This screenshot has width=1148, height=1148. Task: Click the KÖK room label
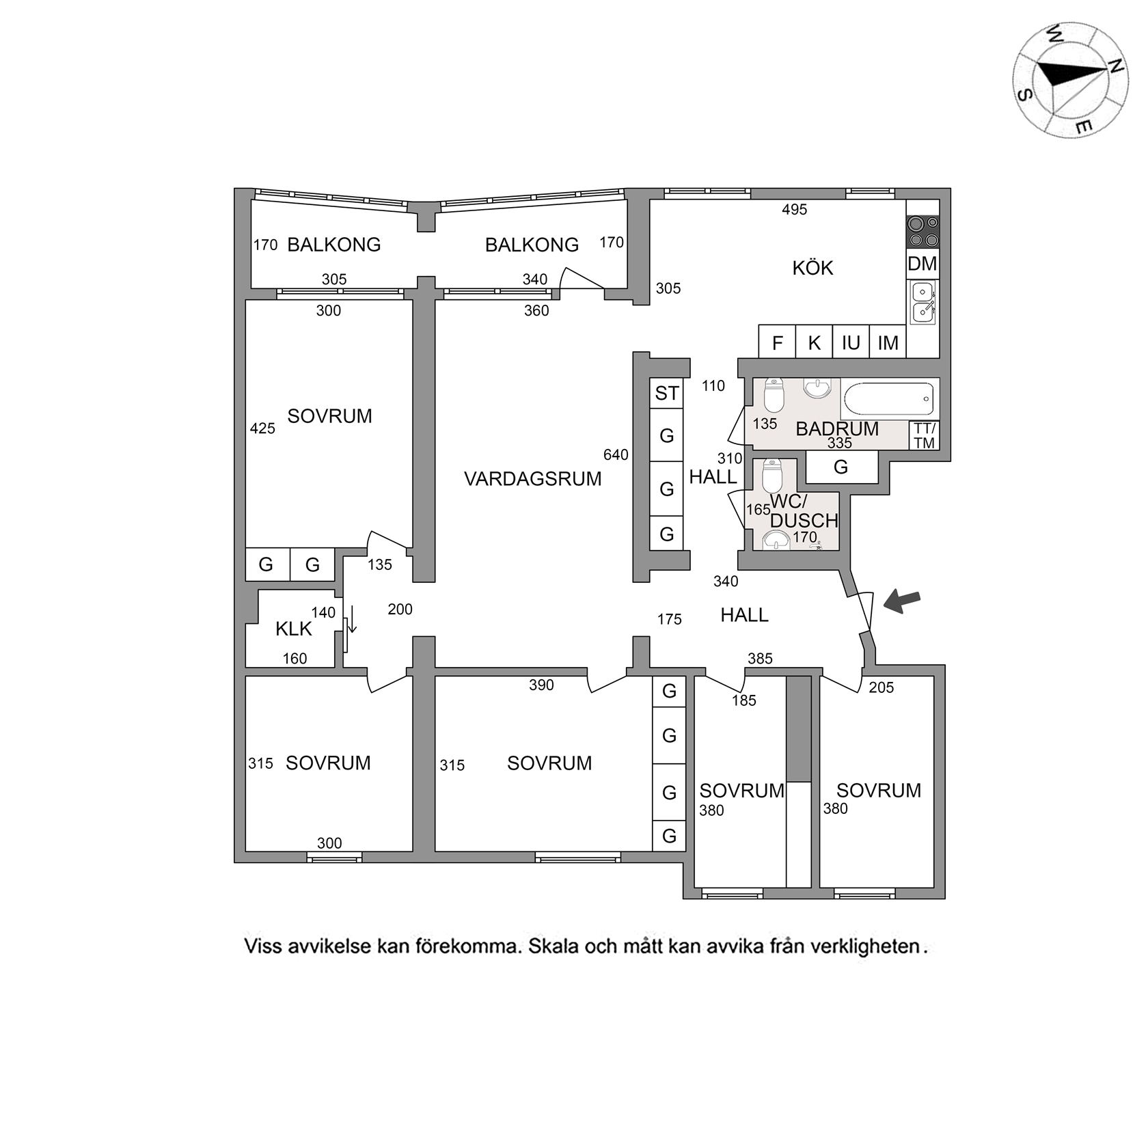click(x=812, y=268)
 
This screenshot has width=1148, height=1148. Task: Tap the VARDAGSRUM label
click(x=532, y=478)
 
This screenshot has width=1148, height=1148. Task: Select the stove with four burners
click(x=922, y=232)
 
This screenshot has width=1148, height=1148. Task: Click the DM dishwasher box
click(x=922, y=263)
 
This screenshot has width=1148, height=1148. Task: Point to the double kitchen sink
click(x=922, y=301)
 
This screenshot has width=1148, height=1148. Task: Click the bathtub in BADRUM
click(x=888, y=399)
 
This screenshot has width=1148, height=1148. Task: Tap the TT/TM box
click(x=924, y=435)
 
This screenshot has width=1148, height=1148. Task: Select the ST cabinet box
click(x=666, y=393)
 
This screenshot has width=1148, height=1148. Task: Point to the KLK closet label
click(x=293, y=629)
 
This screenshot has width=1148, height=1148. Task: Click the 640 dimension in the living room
click(x=616, y=454)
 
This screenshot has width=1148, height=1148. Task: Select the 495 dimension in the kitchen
click(x=794, y=210)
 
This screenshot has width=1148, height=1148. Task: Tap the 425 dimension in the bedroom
click(x=262, y=428)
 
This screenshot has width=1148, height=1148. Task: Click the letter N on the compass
click(x=1115, y=66)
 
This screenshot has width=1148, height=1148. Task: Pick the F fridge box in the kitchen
click(x=777, y=342)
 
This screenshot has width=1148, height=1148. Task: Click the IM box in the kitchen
click(x=888, y=342)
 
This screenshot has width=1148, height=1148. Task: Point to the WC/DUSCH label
click(x=803, y=511)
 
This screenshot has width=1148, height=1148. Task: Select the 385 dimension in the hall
click(x=760, y=659)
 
